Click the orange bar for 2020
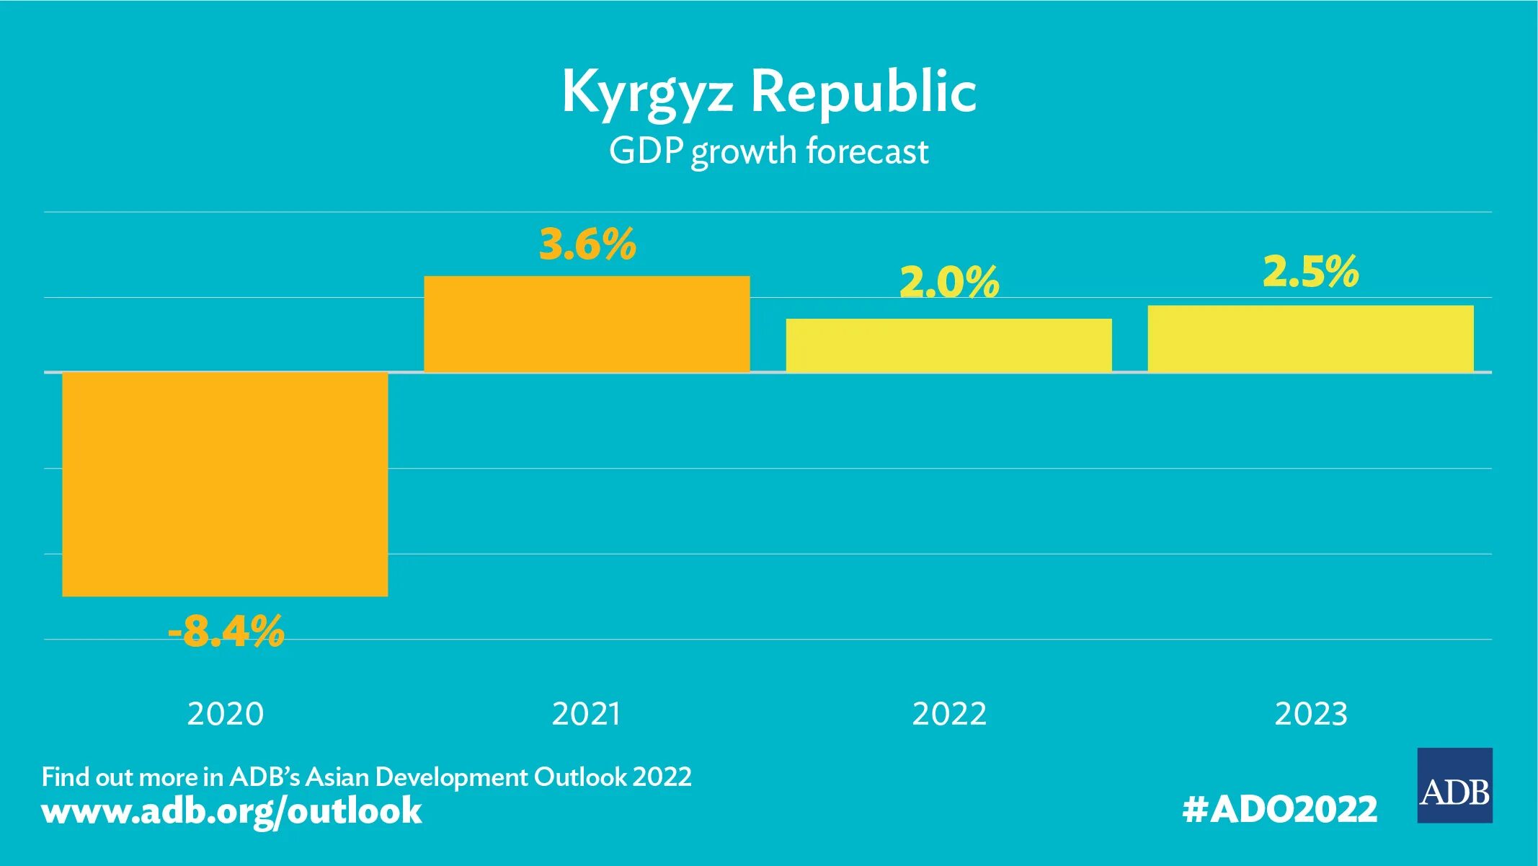pyautogui.click(x=225, y=484)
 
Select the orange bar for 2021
pyautogui.click(x=587, y=324)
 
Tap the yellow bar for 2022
pyautogui.click(x=948, y=345)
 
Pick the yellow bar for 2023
pyautogui.click(x=1310, y=339)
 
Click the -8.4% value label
pyautogui.click(x=226, y=632)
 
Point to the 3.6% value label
pyautogui.click(x=587, y=244)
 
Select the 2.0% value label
pyautogui.click(x=949, y=281)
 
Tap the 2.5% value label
pyautogui.click(x=1310, y=272)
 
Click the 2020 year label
pyautogui.click(x=226, y=714)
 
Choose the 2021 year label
pyautogui.click(x=586, y=714)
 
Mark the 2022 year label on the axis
pyautogui.click(x=949, y=714)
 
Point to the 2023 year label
pyautogui.click(x=1311, y=714)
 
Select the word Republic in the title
pyautogui.click(x=863, y=92)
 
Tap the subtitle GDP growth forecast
pyautogui.click(x=768, y=152)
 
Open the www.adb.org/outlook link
pyautogui.click(x=231, y=810)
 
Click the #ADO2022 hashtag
pyautogui.click(x=1280, y=809)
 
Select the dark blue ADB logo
pyautogui.click(x=1454, y=785)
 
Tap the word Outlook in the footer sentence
pyautogui.click(x=580, y=777)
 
